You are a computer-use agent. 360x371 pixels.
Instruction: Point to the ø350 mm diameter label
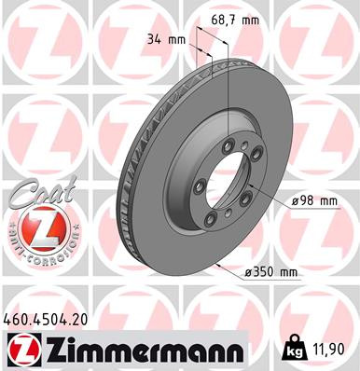click(269, 271)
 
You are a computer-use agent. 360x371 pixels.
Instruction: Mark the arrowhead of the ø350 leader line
click(216, 265)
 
